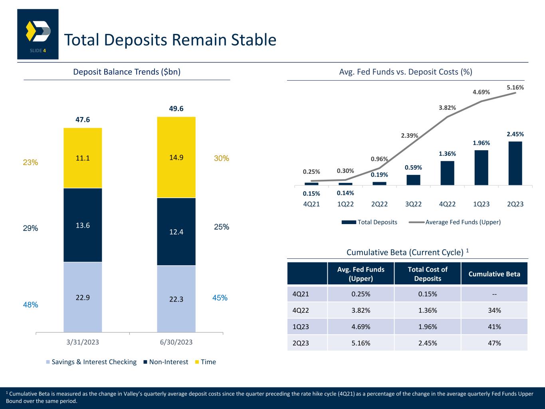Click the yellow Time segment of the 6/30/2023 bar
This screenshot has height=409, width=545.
point(176,157)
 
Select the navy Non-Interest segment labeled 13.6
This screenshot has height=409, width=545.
point(83,225)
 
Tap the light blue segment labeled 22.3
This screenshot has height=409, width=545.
point(176,299)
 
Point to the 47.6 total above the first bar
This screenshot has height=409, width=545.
point(83,119)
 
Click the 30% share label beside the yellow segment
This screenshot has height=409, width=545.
point(222,158)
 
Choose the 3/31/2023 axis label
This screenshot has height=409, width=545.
point(83,342)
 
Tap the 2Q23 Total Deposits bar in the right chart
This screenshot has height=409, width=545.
point(515,163)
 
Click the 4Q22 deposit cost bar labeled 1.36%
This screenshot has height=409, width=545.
point(447,173)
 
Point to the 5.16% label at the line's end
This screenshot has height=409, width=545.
point(515,87)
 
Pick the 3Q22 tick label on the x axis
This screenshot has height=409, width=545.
point(413,204)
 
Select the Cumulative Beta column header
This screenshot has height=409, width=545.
point(494,274)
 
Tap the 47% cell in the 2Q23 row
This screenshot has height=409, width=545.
point(494,343)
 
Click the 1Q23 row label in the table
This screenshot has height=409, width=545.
point(301,327)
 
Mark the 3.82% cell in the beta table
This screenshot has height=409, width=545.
point(361,310)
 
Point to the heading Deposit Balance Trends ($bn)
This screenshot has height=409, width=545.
point(127,72)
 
